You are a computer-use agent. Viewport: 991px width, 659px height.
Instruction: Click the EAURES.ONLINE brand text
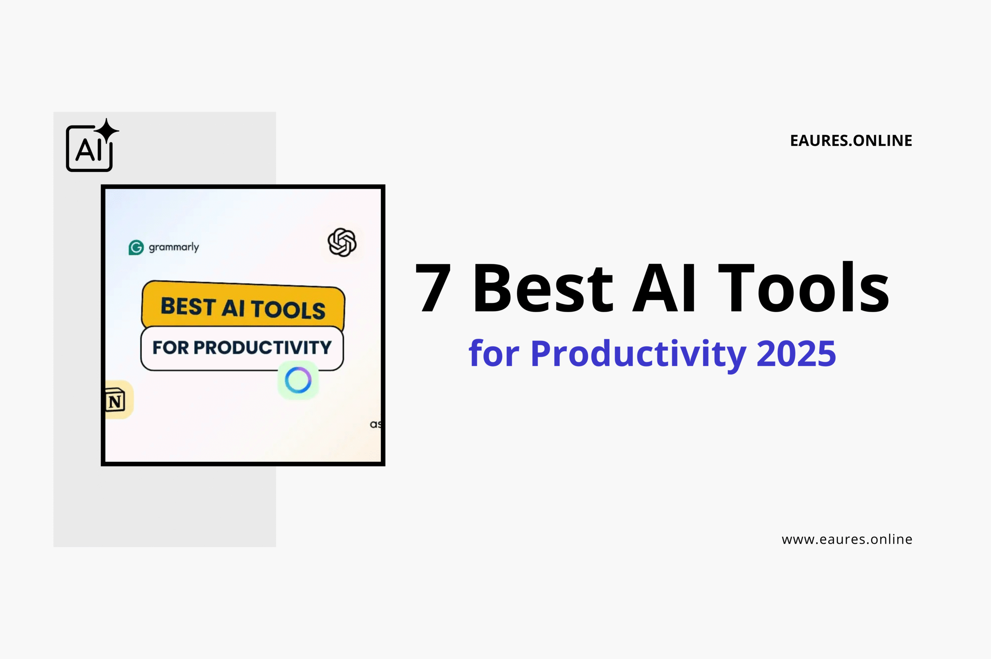(x=851, y=141)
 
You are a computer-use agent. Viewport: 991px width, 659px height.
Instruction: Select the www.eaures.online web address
(x=847, y=539)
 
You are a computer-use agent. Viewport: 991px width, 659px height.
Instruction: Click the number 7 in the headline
(x=433, y=288)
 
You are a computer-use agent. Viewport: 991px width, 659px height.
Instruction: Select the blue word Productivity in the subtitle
(x=638, y=354)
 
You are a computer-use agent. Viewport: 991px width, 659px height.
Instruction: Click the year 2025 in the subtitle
(x=796, y=354)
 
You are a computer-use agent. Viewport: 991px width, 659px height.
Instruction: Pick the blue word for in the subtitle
(x=494, y=354)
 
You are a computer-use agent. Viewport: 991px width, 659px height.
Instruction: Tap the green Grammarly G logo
(x=136, y=248)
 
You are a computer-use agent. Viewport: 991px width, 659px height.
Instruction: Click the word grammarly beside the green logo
(x=174, y=247)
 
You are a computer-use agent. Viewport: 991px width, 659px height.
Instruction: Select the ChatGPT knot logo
(x=342, y=243)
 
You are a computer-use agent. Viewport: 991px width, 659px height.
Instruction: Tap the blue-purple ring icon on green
(x=298, y=380)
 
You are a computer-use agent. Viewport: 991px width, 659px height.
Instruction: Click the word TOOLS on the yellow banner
(x=288, y=310)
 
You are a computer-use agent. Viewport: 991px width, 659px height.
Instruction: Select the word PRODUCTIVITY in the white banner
(x=262, y=347)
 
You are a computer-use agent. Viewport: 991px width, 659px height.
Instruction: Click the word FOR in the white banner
(x=170, y=347)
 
